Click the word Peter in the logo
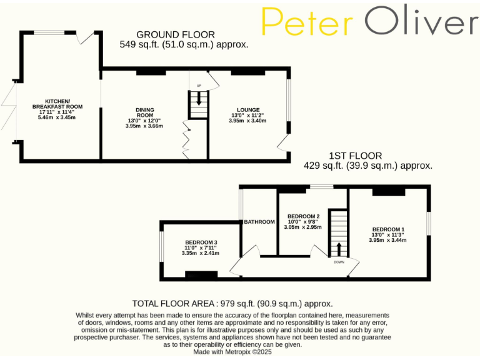[307, 23]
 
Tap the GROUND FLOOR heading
[176, 34]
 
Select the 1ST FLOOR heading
[356, 156]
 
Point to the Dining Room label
[145, 113]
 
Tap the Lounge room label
[248, 109]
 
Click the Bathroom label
[259, 222]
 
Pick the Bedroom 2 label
[303, 216]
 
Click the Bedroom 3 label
[201, 242]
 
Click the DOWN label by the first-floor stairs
[339, 262]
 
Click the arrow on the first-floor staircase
[339, 247]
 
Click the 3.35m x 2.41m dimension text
[201, 253]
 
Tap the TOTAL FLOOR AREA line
[228, 303]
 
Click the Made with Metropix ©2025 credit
[232, 352]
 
